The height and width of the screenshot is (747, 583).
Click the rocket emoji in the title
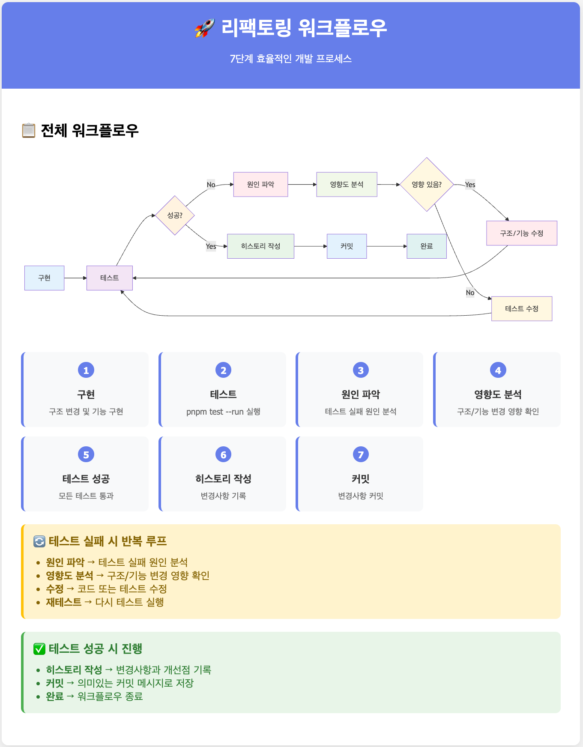pos(205,28)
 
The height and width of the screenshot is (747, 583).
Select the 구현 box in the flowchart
pos(44,278)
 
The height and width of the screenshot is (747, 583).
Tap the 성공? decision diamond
pos(175,215)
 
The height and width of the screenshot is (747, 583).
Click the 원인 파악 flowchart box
pos(260,185)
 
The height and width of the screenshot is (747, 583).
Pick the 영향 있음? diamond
pos(427,185)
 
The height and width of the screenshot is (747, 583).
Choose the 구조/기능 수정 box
pos(521,233)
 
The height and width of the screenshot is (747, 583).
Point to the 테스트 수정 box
pos(521,309)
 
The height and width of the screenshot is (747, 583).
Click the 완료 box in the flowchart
pos(427,246)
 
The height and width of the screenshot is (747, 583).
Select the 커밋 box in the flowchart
pos(347,246)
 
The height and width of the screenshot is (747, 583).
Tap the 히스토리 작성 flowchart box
pos(260,246)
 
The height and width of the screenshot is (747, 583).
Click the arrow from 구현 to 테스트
pos(75,278)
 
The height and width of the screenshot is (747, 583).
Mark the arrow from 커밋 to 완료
pos(387,246)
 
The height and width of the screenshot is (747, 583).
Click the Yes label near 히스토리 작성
pos(211,246)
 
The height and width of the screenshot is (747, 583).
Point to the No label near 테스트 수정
pos(470,293)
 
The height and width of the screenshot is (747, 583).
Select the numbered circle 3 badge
pos(361,370)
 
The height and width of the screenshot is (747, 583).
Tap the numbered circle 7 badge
pos(361,454)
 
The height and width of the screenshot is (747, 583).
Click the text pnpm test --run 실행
pos(223,412)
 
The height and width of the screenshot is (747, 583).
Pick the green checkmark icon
pos(39,649)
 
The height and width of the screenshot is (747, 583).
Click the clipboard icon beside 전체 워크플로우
pos(29,131)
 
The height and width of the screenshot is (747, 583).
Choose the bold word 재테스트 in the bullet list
pos(63,602)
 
